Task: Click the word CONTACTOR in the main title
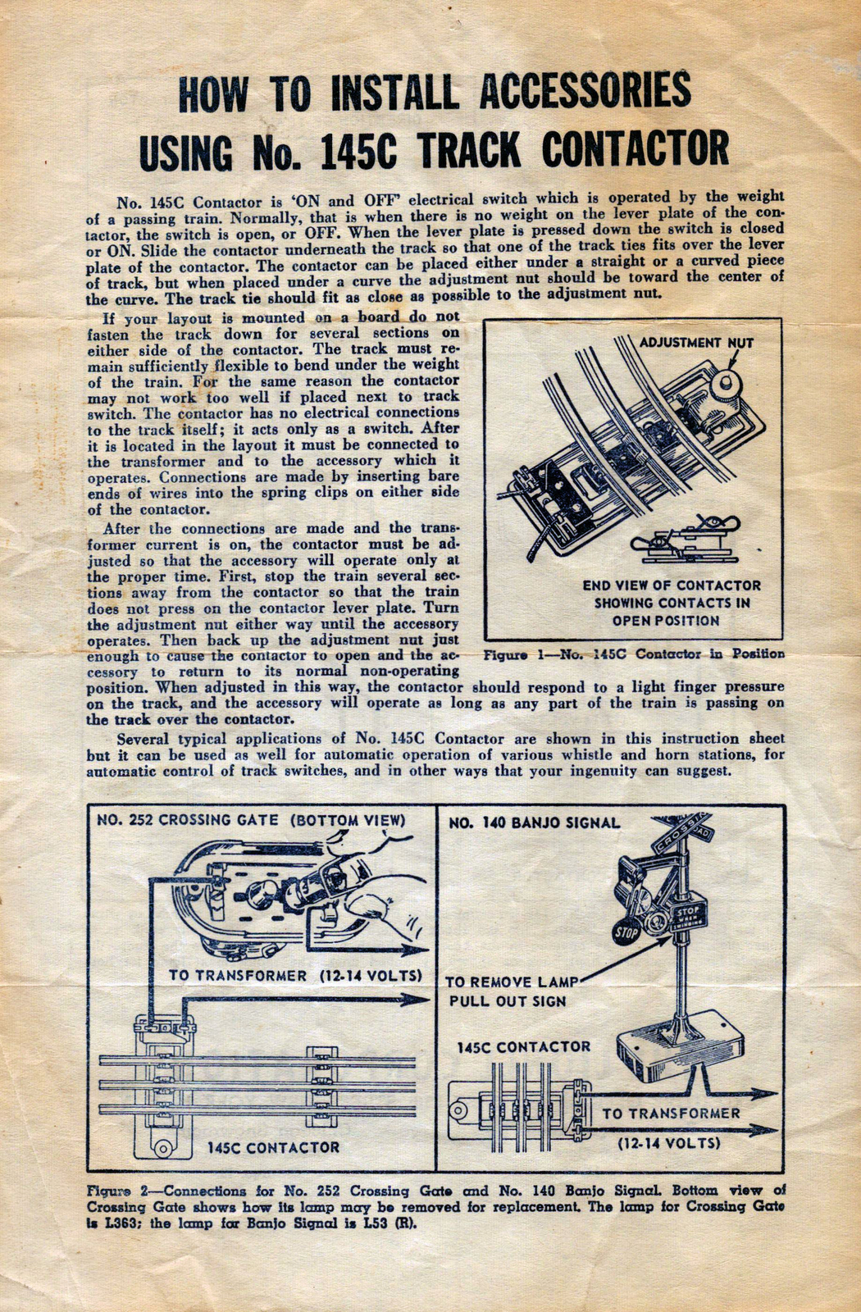click(x=635, y=150)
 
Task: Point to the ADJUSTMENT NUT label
click(x=690, y=342)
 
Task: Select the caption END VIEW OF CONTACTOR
click(x=672, y=585)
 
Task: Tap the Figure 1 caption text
click(x=634, y=654)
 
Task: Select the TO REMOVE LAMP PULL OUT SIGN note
click(x=512, y=991)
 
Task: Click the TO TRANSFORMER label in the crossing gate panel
click(x=295, y=976)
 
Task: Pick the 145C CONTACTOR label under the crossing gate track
click(x=273, y=1147)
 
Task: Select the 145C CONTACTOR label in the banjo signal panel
click(x=523, y=1047)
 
